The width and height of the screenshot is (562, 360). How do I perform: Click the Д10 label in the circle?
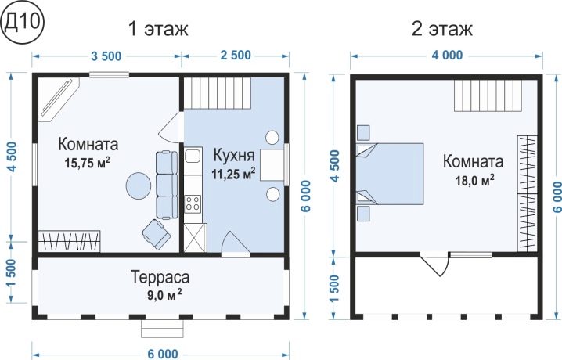(x=22, y=23)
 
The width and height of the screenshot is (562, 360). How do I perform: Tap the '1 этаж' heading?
(x=158, y=29)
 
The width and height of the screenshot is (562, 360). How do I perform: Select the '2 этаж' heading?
(x=441, y=29)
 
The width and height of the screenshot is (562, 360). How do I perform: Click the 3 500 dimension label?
(x=106, y=56)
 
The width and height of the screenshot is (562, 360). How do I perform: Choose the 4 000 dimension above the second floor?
(x=447, y=56)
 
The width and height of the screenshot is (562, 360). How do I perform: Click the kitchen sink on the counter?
(x=193, y=156)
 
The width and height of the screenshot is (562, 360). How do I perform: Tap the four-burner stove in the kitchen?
(x=193, y=203)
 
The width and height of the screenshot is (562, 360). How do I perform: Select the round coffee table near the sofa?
(x=139, y=185)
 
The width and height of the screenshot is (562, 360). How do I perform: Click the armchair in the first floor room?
(x=157, y=234)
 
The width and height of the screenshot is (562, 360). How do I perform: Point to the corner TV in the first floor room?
(x=59, y=99)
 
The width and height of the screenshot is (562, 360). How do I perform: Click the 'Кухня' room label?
(x=234, y=156)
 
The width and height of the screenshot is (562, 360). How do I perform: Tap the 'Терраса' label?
(x=160, y=277)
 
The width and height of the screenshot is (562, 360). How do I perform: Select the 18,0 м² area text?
(x=474, y=180)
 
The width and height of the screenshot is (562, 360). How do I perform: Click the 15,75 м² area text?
(x=87, y=163)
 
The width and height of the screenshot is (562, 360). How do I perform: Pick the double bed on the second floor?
(x=390, y=174)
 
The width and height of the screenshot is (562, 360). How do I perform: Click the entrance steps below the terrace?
(x=162, y=329)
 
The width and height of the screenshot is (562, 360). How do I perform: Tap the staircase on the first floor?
(x=218, y=93)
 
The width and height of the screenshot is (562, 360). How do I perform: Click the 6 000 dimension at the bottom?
(x=162, y=354)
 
